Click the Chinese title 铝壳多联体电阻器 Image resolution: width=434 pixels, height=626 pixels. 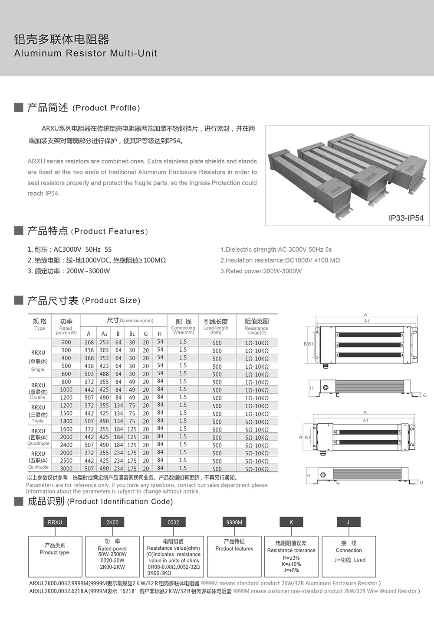pos(62,39)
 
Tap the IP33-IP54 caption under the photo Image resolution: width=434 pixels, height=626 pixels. pos(406,218)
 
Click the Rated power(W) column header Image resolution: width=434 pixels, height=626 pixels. pos(66,326)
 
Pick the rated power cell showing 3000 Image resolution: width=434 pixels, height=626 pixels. pos(66,468)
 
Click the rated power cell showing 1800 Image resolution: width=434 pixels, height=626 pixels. pos(66,421)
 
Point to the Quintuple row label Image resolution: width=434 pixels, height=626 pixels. pos(38,467)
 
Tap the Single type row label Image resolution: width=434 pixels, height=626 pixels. pos(38,370)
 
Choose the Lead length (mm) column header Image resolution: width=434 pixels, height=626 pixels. pos(216,326)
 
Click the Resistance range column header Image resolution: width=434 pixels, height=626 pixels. pos(256,326)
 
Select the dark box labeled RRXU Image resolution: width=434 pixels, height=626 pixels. pos(55,522)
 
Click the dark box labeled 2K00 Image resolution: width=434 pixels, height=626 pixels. pos(112,522)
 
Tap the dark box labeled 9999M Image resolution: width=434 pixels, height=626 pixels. pos(234,522)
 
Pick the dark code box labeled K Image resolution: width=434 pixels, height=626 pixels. pos(291,522)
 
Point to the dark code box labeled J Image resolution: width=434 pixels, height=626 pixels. pos(348,522)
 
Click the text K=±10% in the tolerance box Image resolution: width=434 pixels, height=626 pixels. pos(291,564)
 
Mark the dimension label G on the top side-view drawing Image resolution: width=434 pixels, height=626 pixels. pos(424,395)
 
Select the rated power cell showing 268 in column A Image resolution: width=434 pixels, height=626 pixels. pos(89,342)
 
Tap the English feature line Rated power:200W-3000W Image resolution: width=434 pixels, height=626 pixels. pos(261,271)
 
